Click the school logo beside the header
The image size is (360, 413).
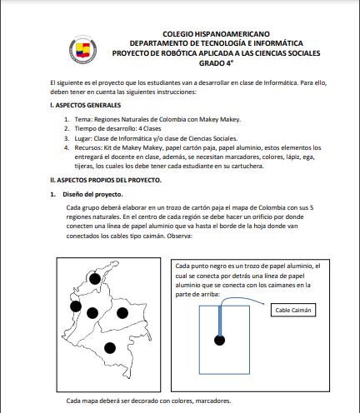click(x=82, y=50)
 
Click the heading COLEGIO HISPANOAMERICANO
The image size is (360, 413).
click(x=216, y=34)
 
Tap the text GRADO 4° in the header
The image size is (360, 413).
click(x=216, y=63)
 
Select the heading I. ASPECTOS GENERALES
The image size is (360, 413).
click(x=86, y=105)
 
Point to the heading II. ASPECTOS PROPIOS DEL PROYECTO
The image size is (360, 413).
click(x=106, y=180)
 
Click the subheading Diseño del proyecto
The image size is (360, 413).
click(x=92, y=194)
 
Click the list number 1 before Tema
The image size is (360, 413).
click(x=67, y=120)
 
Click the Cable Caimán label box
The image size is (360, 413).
click(x=293, y=310)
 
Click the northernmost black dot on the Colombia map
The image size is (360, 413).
click(x=95, y=279)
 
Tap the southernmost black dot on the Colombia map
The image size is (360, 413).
click(x=110, y=348)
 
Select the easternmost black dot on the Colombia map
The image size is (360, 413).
click(x=122, y=313)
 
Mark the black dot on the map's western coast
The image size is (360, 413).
click(x=76, y=306)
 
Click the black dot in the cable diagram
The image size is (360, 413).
click(x=219, y=340)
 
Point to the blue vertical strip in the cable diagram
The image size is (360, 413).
click(x=221, y=321)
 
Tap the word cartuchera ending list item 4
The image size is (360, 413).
click(x=247, y=166)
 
